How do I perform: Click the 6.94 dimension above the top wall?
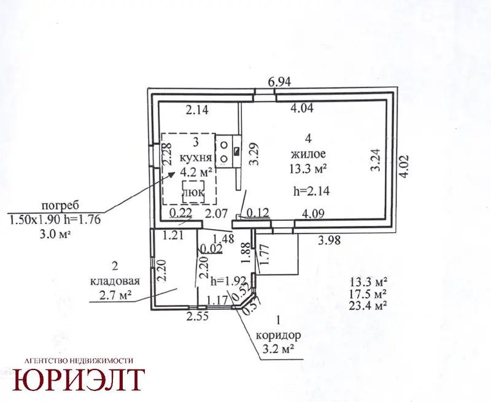[280, 82]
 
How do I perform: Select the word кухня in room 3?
[196, 157]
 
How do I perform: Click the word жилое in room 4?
[309, 153]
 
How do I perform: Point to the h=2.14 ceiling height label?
[312, 190]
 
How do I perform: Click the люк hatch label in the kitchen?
[193, 192]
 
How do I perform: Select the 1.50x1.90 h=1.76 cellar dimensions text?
[55, 220]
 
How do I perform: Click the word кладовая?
[115, 281]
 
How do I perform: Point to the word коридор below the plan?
[279, 336]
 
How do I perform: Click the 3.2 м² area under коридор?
[279, 349]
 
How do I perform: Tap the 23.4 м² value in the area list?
[368, 305]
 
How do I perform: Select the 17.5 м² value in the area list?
[368, 293]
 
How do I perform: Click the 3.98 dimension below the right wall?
[329, 241]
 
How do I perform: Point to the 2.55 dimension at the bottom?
[197, 317]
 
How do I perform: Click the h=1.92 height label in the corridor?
[228, 281]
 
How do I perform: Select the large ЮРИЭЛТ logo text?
[79, 380]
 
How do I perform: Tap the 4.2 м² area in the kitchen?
[196, 172]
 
